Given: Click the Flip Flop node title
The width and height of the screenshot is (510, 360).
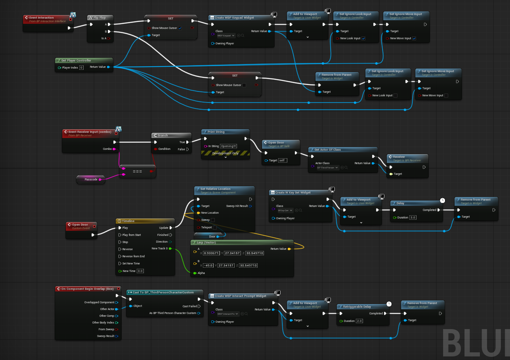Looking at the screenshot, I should click(99, 17).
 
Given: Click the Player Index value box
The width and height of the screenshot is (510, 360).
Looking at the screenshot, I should click(81, 67).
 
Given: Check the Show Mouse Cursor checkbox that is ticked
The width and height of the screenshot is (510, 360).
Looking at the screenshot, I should click(180, 28).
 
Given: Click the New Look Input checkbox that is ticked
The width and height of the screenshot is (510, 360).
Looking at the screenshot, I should click(363, 38).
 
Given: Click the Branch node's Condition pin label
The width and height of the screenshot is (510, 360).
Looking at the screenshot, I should click(164, 149).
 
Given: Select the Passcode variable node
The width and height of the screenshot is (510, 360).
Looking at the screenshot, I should click(91, 180).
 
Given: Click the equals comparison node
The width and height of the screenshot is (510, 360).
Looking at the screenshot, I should click(138, 171).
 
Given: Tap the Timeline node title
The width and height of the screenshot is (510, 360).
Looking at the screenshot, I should click(128, 221).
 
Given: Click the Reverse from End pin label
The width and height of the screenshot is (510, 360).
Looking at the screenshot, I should click(133, 257).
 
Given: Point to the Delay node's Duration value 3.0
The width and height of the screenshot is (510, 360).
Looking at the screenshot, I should click(413, 217).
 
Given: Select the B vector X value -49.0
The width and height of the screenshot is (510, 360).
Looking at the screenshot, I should click(208, 266).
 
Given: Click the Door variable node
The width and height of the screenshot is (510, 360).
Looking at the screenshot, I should click(212, 237).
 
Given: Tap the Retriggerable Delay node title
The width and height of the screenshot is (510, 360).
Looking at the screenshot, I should click(357, 306).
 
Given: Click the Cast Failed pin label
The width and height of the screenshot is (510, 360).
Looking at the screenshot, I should click(190, 306).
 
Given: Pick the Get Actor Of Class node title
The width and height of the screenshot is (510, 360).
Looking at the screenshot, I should click(327, 150).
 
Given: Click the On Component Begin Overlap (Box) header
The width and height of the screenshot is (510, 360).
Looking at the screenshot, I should click(85, 289).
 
